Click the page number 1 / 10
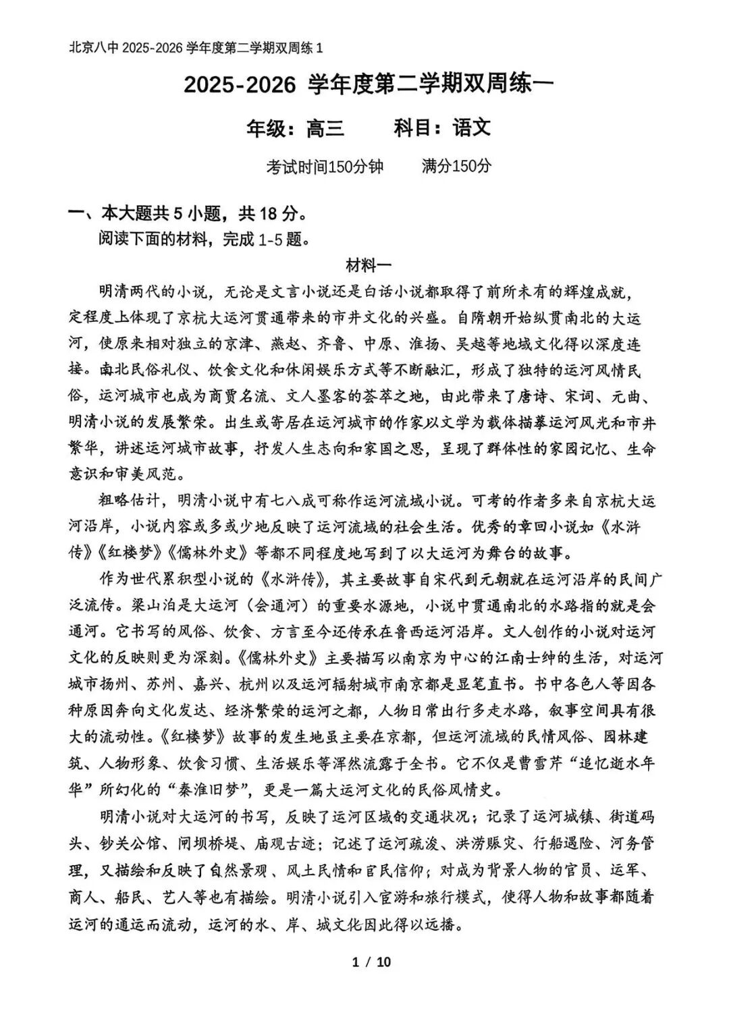pos(371,962)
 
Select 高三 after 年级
pos(325,128)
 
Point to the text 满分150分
pos(457,166)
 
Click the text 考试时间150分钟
pos(325,166)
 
